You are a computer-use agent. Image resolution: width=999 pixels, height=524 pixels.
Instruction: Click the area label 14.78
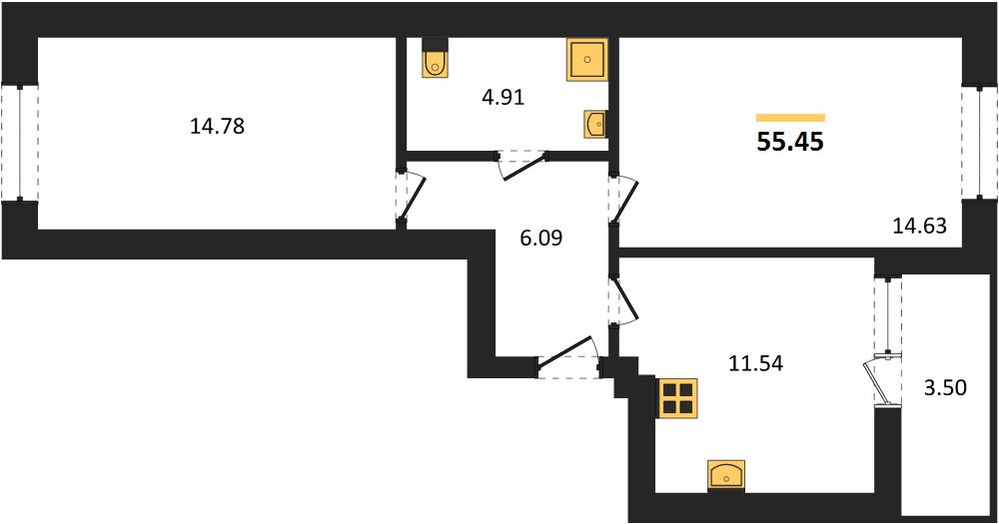tap(217, 126)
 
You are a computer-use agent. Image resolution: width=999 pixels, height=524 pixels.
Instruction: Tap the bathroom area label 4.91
tap(503, 98)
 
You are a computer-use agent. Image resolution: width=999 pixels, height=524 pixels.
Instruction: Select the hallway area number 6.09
tap(540, 239)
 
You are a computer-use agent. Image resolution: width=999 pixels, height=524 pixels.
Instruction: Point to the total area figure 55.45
tap(790, 142)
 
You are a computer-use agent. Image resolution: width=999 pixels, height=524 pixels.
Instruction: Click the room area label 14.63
tap(919, 226)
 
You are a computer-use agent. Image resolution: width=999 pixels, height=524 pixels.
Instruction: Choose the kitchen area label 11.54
tap(755, 363)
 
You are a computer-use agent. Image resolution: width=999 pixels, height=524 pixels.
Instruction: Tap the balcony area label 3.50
tap(945, 387)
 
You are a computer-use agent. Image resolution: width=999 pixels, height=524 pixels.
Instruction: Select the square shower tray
tap(586, 59)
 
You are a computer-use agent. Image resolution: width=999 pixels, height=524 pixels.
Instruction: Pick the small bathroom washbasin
tap(595, 124)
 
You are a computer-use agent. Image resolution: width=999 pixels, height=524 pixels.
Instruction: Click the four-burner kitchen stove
tap(676, 398)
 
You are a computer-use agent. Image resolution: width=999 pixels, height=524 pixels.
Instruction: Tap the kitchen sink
tap(726, 476)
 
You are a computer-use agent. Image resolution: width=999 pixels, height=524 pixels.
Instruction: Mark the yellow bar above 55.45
tap(790, 117)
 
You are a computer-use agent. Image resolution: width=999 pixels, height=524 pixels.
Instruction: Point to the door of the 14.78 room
tap(414, 196)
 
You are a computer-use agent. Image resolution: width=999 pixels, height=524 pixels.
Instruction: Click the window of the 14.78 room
tap(20, 144)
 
